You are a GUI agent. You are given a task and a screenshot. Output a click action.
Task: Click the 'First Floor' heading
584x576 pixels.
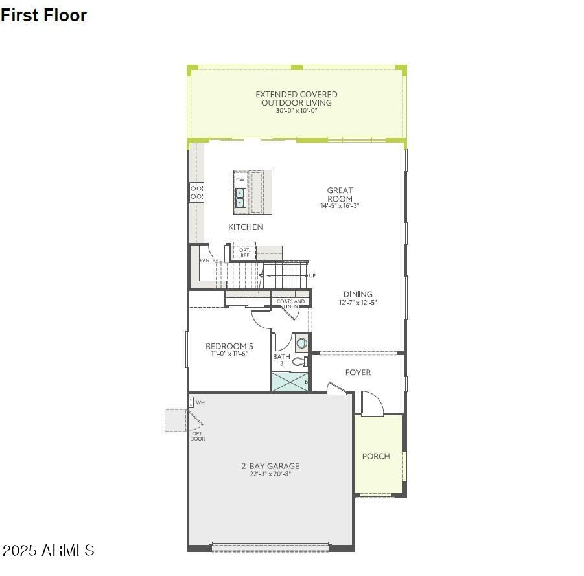(x=43, y=16)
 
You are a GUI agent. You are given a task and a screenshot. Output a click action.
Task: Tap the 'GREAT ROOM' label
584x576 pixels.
(x=340, y=194)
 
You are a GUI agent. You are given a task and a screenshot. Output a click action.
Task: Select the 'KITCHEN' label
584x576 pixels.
(x=246, y=227)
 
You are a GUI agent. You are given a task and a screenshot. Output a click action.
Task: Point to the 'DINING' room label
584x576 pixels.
(x=358, y=294)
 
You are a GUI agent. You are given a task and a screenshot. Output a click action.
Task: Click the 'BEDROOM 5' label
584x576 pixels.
(x=229, y=346)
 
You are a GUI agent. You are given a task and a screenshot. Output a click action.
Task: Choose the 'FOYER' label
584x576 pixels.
(x=358, y=373)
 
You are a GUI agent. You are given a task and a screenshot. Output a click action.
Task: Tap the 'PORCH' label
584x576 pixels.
(x=376, y=456)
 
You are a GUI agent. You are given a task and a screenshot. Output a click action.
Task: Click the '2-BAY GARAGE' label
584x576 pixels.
(x=270, y=466)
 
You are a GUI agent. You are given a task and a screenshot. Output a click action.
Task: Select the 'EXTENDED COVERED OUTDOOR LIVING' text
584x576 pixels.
(x=296, y=98)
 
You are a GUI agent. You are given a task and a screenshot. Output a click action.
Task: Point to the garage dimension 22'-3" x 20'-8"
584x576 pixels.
(x=270, y=474)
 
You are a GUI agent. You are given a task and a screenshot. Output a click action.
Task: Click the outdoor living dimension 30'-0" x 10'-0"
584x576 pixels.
(x=296, y=111)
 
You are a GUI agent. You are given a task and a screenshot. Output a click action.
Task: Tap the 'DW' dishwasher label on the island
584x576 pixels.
(x=240, y=179)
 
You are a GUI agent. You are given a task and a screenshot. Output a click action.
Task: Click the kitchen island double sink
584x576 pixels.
(x=240, y=198)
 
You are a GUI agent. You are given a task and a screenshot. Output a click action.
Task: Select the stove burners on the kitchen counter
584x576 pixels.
(x=196, y=191)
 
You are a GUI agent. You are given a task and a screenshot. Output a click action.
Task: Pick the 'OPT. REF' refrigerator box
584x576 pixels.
(x=244, y=252)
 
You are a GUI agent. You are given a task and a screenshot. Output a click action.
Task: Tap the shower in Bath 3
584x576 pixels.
(x=290, y=382)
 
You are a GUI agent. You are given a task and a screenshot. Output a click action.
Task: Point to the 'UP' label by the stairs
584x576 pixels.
(x=312, y=276)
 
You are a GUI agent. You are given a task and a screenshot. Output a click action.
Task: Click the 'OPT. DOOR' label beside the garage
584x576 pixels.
(x=198, y=436)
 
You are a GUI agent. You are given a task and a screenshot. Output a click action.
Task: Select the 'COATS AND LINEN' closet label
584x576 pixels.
(x=290, y=303)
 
